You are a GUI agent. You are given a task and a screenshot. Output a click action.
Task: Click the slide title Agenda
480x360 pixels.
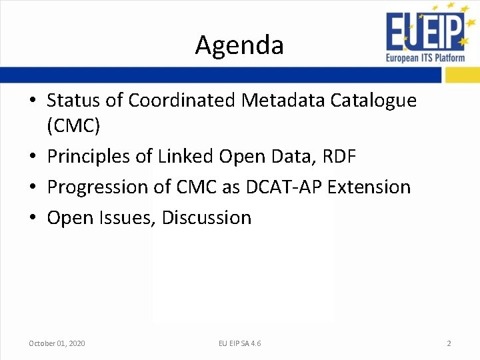tap(239, 45)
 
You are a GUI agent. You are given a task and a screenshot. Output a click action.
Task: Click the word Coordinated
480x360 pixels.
tap(182, 100)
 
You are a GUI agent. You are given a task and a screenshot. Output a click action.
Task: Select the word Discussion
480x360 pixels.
tap(207, 218)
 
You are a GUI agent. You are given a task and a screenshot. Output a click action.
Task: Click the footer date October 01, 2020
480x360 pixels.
tap(57, 343)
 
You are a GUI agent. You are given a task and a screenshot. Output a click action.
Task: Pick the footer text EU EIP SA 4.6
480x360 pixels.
tap(239, 343)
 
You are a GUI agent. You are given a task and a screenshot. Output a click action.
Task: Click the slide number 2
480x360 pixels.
tap(449, 343)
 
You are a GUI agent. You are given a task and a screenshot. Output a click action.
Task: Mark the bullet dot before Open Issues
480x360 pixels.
tap(33, 218)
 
